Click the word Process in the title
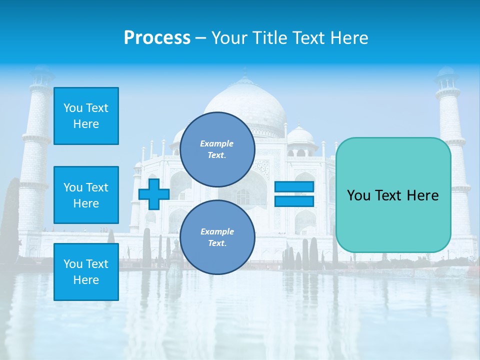157,38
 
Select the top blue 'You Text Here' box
86,116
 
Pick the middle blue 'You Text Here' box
86,195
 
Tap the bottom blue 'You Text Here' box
86,272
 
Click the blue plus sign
154,194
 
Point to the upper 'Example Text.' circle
217,149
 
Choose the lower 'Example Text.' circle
217,237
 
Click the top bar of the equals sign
294,187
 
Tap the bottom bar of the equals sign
294,201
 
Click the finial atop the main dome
245,75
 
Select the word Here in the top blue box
86,124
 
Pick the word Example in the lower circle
217,231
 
